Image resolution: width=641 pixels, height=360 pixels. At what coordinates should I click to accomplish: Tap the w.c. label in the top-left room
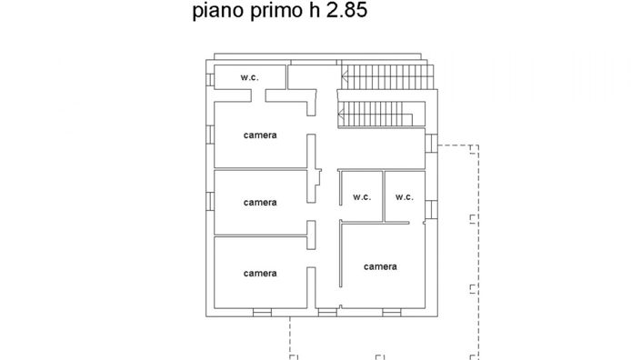click(250, 77)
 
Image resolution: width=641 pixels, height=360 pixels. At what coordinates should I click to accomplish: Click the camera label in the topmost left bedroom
click(260, 135)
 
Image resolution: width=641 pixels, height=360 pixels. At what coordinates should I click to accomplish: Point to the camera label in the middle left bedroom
click(260, 202)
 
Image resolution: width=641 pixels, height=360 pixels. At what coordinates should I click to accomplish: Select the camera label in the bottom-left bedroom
click(260, 273)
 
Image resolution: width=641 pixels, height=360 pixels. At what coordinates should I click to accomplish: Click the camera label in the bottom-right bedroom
click(380, 266)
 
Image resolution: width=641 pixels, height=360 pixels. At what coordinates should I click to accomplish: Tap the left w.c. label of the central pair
click(362, 196)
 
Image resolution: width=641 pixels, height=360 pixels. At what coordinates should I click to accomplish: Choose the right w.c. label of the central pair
click(405, 196)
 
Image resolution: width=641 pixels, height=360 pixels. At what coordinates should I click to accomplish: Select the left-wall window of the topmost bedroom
click(210, 134)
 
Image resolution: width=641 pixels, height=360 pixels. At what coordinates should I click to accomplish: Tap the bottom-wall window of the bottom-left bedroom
click(262, 313)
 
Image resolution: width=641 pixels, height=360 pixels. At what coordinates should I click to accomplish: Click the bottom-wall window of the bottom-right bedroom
click(391, 313)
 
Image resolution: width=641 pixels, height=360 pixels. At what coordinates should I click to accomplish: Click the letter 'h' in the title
click(311, 13)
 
